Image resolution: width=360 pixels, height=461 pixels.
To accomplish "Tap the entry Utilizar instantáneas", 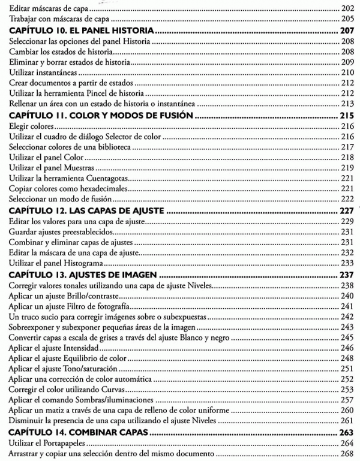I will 41,73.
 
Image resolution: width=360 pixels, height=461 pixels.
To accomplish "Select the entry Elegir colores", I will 32,127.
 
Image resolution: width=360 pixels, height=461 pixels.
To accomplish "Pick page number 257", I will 346,399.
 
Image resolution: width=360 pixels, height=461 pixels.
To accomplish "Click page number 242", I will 346,318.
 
